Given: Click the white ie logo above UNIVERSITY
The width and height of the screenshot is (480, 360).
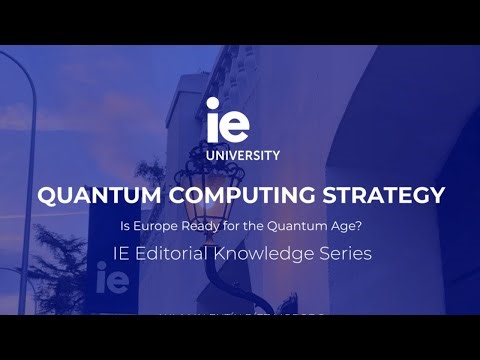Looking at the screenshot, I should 227,120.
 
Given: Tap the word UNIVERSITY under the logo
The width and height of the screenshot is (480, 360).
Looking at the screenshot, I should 241,155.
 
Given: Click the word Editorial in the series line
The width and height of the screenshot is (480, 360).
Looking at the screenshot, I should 177,254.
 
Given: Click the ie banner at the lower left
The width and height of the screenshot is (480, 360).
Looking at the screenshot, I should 113,281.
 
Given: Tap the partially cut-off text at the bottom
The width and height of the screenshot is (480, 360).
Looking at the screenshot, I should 240,316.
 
